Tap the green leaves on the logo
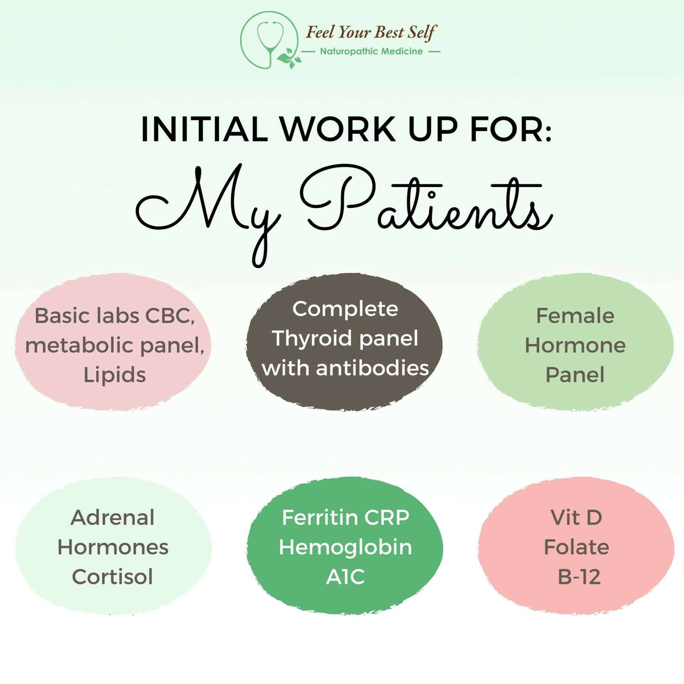289,57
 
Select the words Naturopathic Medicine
371,51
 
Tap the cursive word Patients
426,202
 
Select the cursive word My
208,214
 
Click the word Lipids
115,375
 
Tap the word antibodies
372,368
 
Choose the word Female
575,316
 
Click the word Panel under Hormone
575,375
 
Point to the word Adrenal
113,517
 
